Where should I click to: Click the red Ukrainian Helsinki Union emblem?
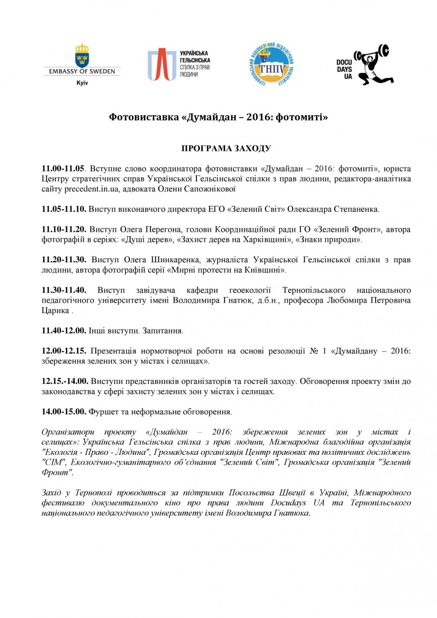click(160, 65)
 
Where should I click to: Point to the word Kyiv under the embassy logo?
click(82, 82)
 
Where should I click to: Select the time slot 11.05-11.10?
click(64, 210)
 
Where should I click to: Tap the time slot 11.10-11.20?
click(64, 230)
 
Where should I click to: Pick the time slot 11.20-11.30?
click(64, 259)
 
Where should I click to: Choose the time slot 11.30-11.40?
click(64, 290)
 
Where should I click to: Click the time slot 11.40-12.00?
click(64, 330)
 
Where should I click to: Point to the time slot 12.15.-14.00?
click(66, 381)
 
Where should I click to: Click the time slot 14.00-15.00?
click(64, 412)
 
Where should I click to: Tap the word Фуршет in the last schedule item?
click(106, 412)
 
